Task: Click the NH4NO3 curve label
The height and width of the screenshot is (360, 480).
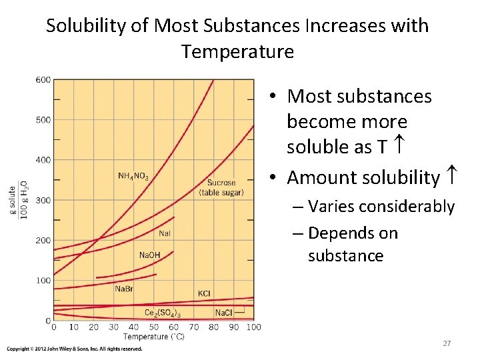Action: tap(133, 176)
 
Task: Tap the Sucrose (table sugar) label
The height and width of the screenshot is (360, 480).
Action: tap(225, 188)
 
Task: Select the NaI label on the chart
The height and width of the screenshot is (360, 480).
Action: tap(165, 233)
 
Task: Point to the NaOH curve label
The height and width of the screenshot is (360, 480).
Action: tap(149, 255)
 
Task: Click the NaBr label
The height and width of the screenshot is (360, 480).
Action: tap(125, 289)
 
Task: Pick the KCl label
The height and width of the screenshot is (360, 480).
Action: tap(204, 294)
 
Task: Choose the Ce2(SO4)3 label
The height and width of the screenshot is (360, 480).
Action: tap(163, 313)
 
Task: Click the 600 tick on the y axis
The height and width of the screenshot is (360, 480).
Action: tap(43, 80)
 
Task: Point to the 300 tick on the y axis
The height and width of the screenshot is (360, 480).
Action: tap(43, 200)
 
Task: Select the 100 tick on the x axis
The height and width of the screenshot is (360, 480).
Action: tap(253, 327)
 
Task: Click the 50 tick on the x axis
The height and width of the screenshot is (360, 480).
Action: tap(153, 327)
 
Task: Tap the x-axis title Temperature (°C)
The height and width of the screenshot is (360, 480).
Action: tap(154, 337)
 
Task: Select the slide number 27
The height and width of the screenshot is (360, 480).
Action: tap(447, 343)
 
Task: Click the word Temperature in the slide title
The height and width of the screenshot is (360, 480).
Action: tap(237, 51)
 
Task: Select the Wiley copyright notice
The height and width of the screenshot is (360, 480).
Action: tap(75, 349)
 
